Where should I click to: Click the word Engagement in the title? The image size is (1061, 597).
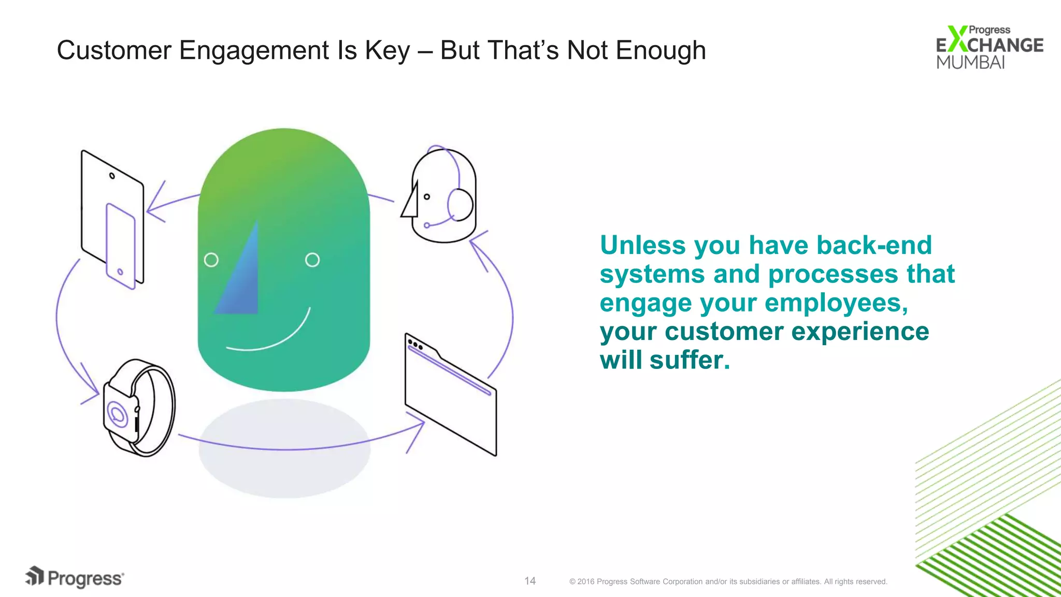click(x=254, y=51)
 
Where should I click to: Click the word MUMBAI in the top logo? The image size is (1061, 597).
click(x=970, y=62)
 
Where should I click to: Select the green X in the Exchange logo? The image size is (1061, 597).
click(x=957, y=39)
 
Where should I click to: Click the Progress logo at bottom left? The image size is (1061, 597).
click(x=75, y=577)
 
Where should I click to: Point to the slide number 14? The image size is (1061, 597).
click(x=529, y=581)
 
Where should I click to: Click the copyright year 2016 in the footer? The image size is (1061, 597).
click(x=585, y=581)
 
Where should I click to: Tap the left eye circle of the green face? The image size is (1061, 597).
click(x=211, y=260)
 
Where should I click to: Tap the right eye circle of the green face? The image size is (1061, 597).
click(x=312, y=260)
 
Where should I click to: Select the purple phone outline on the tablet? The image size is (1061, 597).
click(x=121, y=246)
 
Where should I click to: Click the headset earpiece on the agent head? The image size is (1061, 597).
click(x=460, y=205)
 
